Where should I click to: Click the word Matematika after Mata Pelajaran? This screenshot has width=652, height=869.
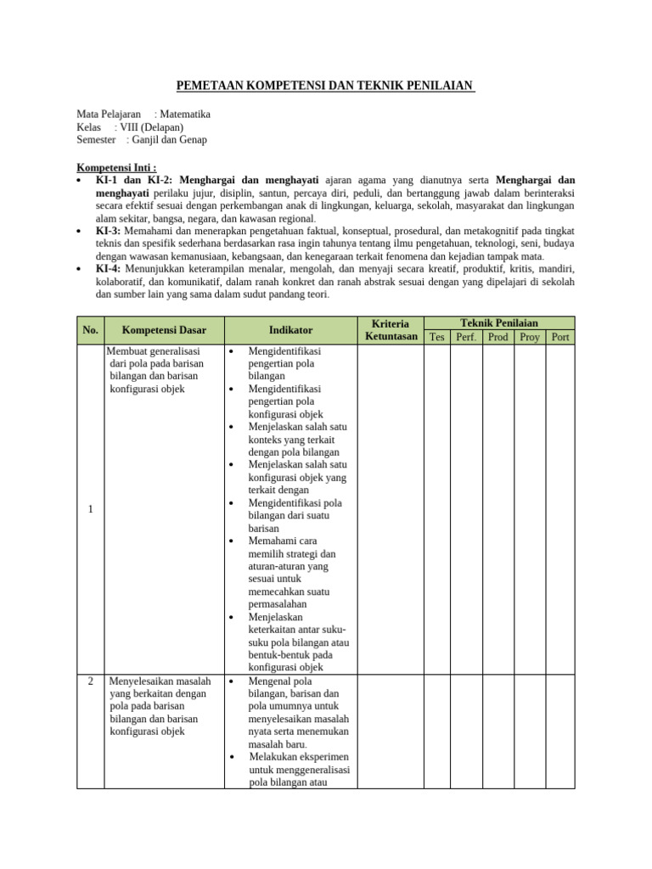coord(184,114)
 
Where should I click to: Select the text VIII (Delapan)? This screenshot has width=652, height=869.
coord(151,127)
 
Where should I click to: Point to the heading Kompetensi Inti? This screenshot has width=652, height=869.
coord(117,167)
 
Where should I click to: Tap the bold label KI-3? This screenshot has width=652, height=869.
coord(108,231)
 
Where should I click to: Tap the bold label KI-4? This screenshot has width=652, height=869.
coord(108,269)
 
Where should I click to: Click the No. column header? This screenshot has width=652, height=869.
coord(89,330)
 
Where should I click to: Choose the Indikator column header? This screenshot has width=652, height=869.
coord(290,330)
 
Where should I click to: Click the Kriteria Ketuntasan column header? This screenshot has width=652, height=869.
coord(391,330)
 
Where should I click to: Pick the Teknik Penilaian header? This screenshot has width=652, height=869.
coord(499,323)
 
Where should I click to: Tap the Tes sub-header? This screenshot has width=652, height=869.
coord(437,337)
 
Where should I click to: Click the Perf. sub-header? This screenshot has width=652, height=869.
coord(466,337)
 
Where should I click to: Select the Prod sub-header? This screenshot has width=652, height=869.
coord(498,337)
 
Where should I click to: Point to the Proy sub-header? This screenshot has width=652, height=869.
coord(530,337)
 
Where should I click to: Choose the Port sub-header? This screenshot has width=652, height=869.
coord(560,337)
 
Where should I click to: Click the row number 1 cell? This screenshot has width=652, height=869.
coord(89,509)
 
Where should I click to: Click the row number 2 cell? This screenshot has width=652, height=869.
coord(89,681)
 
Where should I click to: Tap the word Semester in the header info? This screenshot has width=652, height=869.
coord(96,140)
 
